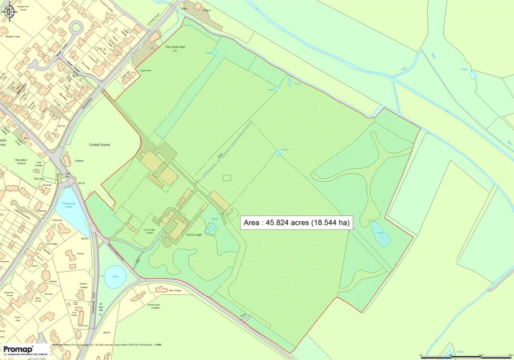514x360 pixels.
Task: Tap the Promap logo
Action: (x=25, y=350)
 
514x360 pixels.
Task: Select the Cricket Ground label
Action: (x=99, y=145)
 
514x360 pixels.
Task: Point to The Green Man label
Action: (x=175, y=47)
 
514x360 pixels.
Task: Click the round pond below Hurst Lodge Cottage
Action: (x=115, y=277)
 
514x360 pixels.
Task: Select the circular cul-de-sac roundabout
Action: (x=76, y=27)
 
